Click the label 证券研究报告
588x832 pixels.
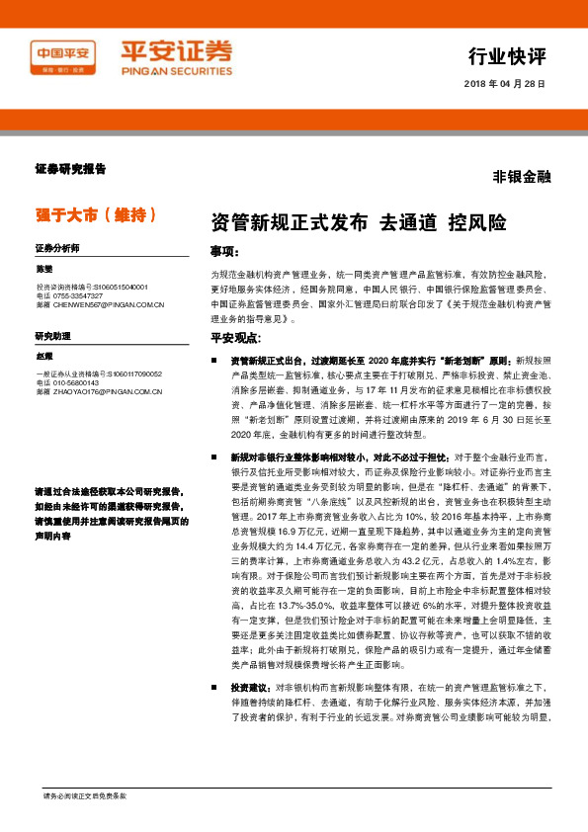pyautogui.click(x=70, y=169)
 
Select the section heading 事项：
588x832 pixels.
pyautogui.click(x=225, y=251)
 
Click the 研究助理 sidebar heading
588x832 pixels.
pyautogui.click(x=52, y=337)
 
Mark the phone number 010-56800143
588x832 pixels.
pyautogui.click(x=75, y=383)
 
